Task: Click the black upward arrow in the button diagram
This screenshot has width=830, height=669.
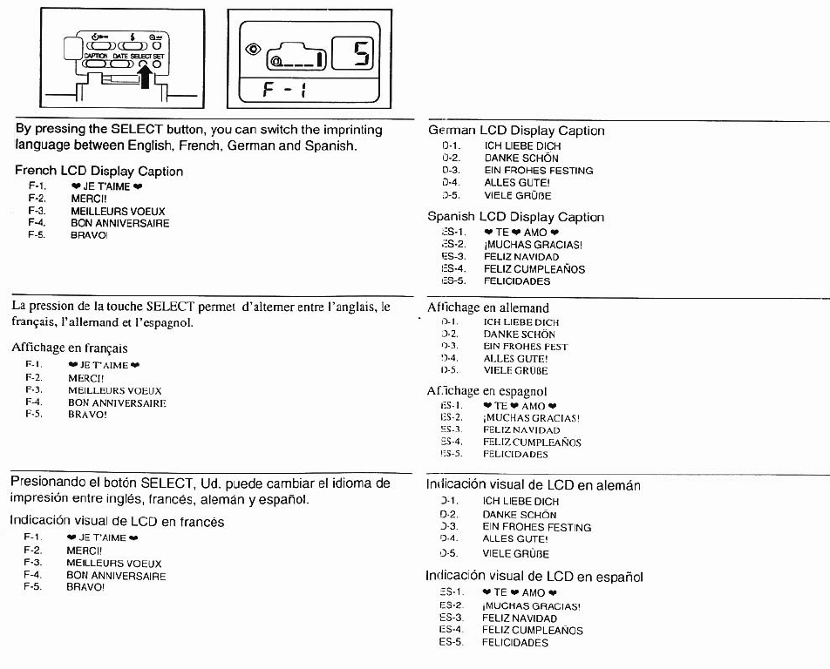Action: tap(146, 78)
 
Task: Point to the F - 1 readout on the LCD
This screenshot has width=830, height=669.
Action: tap(288, 90)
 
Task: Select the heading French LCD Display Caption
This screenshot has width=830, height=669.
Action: tap(99, 172)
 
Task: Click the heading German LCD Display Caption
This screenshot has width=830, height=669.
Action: tap(516, 131)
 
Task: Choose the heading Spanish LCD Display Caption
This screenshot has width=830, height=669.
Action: tap(515, 217)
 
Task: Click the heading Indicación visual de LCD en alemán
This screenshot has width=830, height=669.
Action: tap(533, 484)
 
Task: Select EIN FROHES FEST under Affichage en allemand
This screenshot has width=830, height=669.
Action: tap(526, 346)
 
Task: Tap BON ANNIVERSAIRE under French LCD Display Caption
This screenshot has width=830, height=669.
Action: tap(120, 223)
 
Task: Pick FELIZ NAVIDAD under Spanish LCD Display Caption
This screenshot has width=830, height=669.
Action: tap(523, 257)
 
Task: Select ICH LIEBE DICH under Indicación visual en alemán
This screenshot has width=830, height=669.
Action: tap(521, 501)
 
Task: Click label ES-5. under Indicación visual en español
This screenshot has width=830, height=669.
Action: tap(452, 642)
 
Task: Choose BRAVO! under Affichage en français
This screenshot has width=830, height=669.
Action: tap(88, 415)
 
